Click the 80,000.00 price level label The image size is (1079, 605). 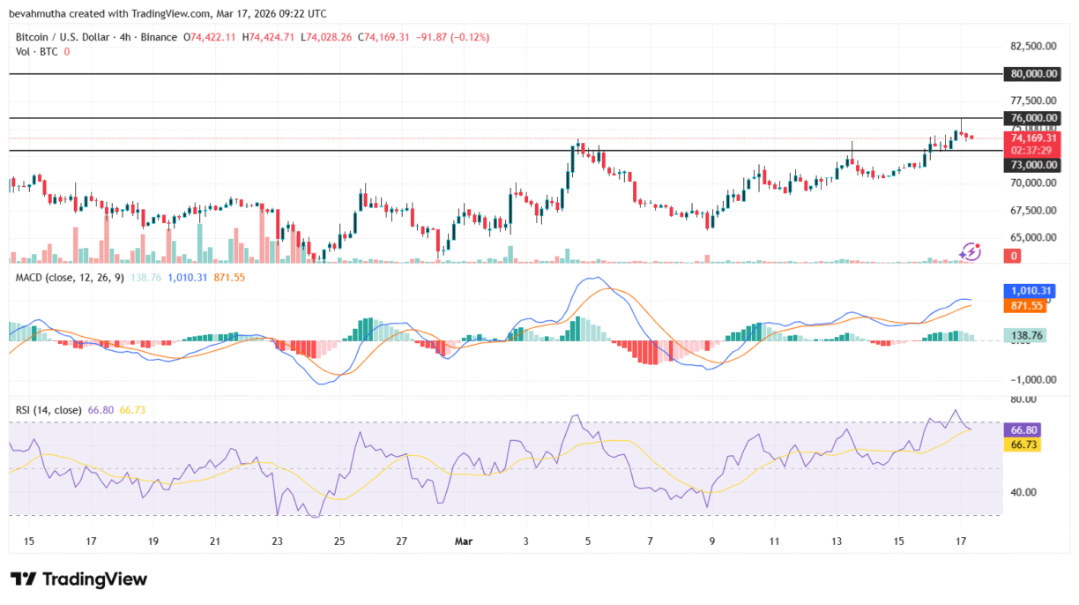click(x=1031, y=75)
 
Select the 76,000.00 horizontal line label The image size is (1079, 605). click(x=1031, y=118)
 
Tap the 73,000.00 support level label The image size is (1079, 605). click(x=1031, y=165)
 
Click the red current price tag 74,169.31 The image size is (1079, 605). click(x=1031, y=138)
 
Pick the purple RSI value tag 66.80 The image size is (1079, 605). click(x=1023, y=429)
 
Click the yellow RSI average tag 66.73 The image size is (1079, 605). click(x=1023, y=444)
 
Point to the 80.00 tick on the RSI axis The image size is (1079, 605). click(x=1023, y=400)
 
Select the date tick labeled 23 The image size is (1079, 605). click(x=278, y=540)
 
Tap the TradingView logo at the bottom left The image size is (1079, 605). click(x=79, y=579)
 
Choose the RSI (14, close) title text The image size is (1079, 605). click(x=49, y=410)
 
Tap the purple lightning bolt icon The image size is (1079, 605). click(x=970, y=252)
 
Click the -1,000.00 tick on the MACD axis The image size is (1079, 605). click(x=1031, y=379)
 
